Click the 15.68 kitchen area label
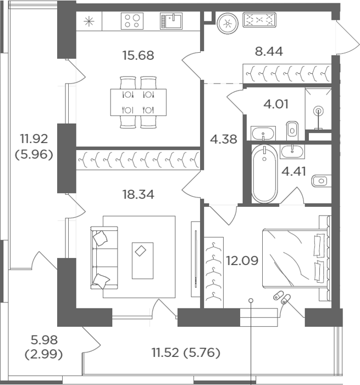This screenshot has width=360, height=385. [138, 55]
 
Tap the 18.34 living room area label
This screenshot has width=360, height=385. [138, 194]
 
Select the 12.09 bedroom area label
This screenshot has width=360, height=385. [242, 261]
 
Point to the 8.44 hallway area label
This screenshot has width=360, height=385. [269, 51]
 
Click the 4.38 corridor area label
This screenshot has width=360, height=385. [224, 139]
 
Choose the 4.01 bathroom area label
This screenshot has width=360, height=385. [276, 104]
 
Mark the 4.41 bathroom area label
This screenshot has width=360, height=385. [293, 171]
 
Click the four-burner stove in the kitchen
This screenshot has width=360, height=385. [132, 21]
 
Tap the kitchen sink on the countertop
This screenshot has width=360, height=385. [171, 21]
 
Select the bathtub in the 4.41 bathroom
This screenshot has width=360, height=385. [264, 174]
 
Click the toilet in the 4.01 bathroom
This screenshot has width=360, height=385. [292, 130]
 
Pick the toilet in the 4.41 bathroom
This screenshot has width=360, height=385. [321, 181]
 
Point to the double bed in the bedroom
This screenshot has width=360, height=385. [296, 258]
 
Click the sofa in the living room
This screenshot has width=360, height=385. [104, 257]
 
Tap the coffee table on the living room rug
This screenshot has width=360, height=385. [142, 261]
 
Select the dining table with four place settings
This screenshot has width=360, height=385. [138, 102]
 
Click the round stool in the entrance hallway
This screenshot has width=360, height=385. [228, 24]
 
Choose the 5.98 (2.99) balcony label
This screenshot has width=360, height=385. [43, 347]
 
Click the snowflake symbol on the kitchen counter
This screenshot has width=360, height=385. [89, 21]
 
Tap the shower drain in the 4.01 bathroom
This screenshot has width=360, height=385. [318, 111]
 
